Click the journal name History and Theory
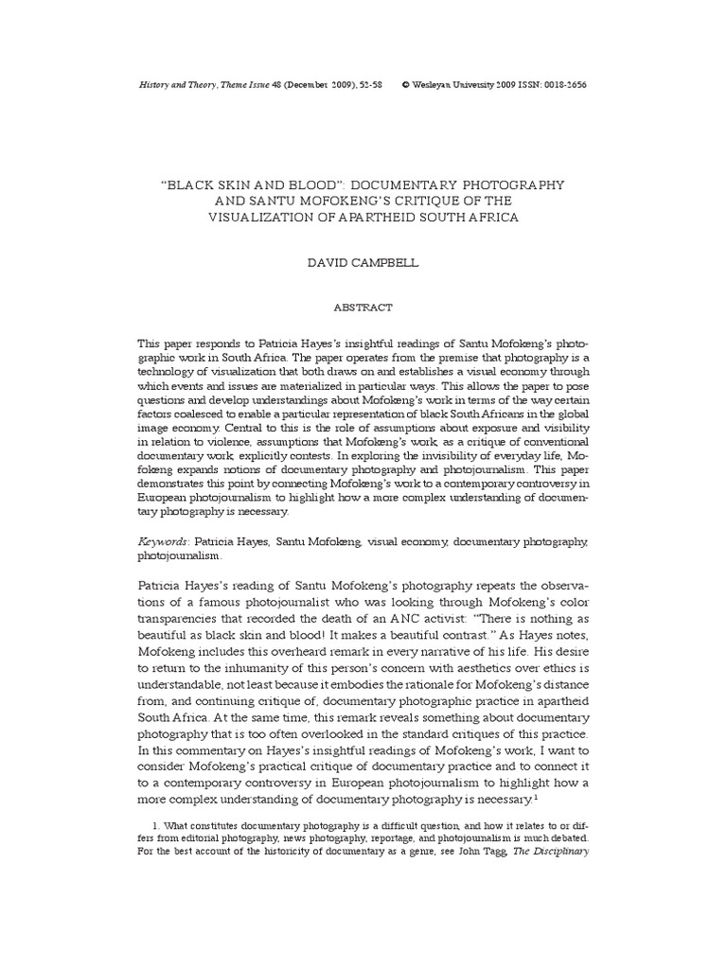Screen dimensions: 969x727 pyautogui.click(x=168, y=84)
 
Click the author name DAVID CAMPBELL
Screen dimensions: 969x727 pyautogui.click(x=363, y=262)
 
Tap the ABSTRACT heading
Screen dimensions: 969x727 pyautogui.click(x=363, y=308)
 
